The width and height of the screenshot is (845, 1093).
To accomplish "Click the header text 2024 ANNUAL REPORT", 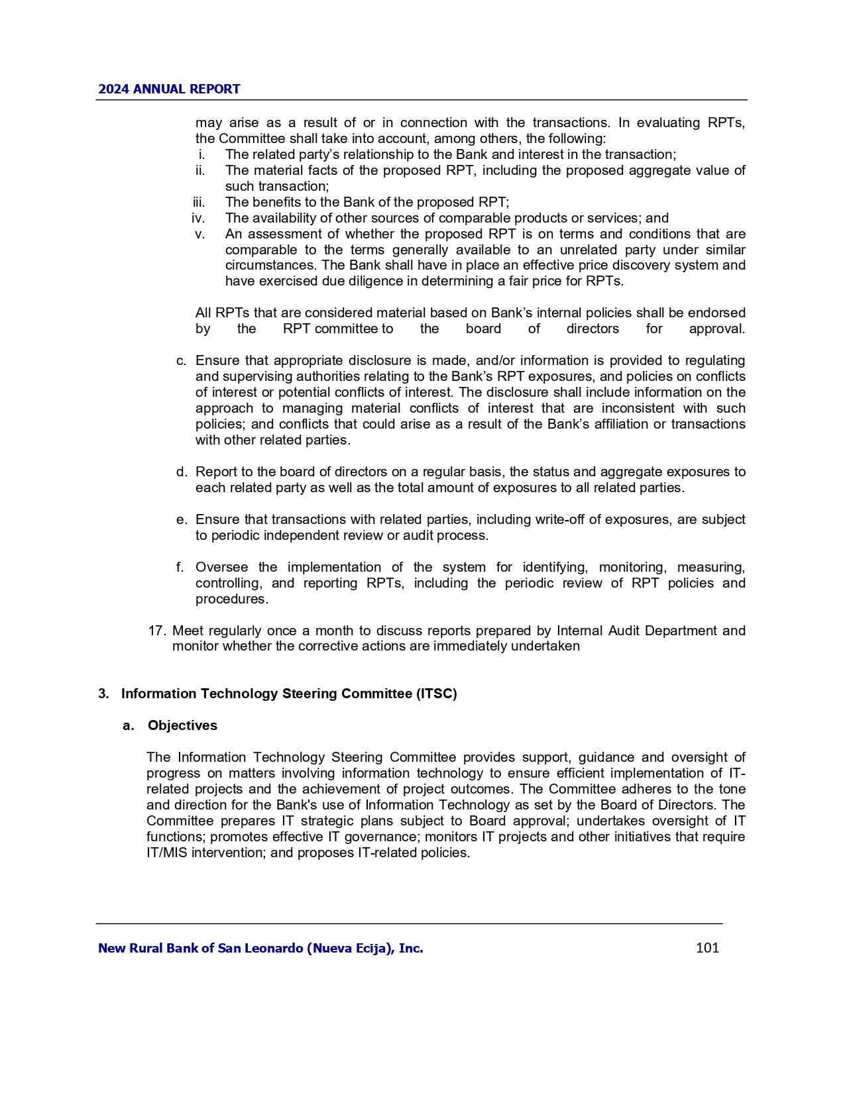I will click(x=169, y=89).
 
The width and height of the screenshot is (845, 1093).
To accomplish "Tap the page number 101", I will click(x=707, y=948).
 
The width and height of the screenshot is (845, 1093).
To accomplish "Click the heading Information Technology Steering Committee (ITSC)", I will click(x=289, y=694).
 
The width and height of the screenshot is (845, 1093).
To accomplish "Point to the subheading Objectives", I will click(x=182, y=725).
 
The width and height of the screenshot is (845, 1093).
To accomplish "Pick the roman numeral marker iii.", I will click(x=199, y=202).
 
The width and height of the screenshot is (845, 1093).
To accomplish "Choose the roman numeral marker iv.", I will click(x=198, y=218).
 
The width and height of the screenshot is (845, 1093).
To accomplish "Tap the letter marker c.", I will click(x=181, y=360).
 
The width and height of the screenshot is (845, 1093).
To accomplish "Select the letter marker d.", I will click(x=181, y=472).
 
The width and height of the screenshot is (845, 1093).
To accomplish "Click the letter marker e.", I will click(x=181, y=519).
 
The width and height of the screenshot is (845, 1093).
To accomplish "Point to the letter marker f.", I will click(x=180, y=567).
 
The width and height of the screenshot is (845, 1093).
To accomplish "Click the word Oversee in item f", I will click(x=221, y=567).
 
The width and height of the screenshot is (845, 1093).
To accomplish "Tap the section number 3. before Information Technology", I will click(x=104, y=694).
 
